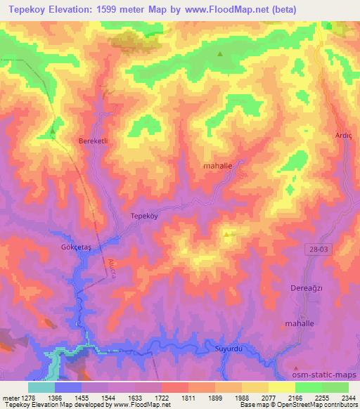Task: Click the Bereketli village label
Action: [x=91, y=141]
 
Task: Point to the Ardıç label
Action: [x=343, y=136]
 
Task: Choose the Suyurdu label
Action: [x=228, y=347]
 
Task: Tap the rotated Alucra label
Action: [x=112, y=268]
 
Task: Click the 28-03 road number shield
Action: [x=317, y=248]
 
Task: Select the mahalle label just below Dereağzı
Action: [x=302, y=323]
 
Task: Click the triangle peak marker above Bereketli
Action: [x=53, y=130]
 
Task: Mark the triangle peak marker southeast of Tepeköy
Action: [x=226, y=235]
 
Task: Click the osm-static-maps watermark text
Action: [x=323, y=375]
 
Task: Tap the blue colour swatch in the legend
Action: [x=67, y=387]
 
